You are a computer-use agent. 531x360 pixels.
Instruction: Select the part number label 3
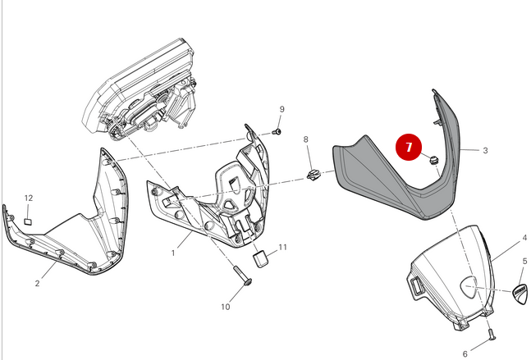pos(485,151)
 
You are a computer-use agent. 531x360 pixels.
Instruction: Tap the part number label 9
pos(282,110)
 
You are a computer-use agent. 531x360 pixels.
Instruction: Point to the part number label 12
pos(29,198)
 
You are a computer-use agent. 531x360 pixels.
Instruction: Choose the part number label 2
pos(37,283)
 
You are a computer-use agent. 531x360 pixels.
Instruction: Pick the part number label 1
pos(173,253)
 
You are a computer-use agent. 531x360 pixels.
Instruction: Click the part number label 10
pos(226,308)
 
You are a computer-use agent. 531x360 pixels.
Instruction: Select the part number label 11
pos(282,247)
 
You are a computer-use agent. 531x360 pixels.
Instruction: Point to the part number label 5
pos(524,262)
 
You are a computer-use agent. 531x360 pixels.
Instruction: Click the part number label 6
pos(465,353)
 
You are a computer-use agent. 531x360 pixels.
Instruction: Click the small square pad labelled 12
pos(28,220)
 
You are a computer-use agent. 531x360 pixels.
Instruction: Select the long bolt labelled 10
pos(243,276)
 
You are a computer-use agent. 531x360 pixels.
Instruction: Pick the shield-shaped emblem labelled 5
pos(520,290)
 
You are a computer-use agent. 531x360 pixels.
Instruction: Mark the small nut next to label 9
pos(277,131)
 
